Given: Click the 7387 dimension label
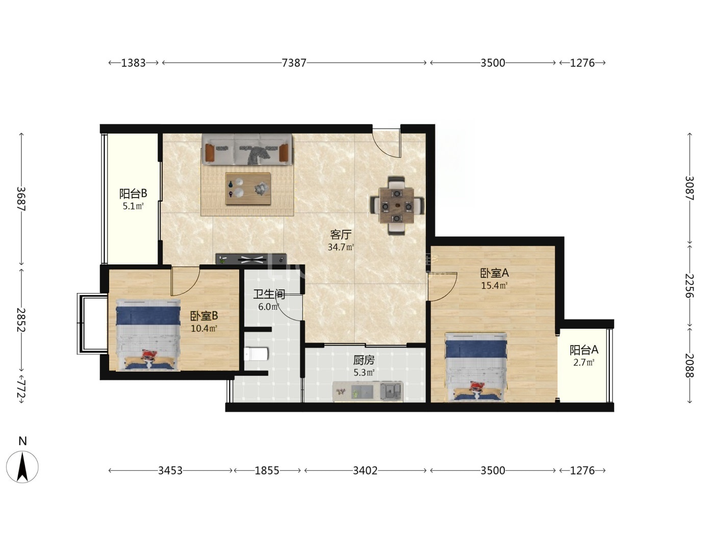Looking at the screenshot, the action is pos(294,63).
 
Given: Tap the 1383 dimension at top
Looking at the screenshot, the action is pos(134,63).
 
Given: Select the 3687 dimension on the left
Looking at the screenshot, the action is pos(21,199).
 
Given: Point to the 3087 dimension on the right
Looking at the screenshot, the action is pos(690,188).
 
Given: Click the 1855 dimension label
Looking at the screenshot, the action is pos(267,471).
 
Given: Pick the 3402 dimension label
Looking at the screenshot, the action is pos(365,471).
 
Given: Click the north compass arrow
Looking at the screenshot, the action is pos(22,467).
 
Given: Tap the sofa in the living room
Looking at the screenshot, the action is pos(247,149).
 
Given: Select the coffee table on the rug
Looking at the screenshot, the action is pos(248,189).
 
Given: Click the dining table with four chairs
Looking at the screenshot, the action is pos(397,206).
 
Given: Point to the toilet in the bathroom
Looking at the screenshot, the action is pos(256,354).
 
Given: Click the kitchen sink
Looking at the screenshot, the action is pos(391,391).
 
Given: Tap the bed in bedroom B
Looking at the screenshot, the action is pos(148,335).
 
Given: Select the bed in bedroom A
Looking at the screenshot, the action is pos(476,367).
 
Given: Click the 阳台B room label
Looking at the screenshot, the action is pos(133,193).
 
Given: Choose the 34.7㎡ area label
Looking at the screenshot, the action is pos(341,248).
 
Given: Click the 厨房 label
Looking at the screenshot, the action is pos(364,360).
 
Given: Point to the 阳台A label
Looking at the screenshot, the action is pos(584,350).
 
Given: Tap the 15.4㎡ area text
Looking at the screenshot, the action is pos(494,285).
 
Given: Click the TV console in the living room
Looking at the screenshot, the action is pos(251,259).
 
